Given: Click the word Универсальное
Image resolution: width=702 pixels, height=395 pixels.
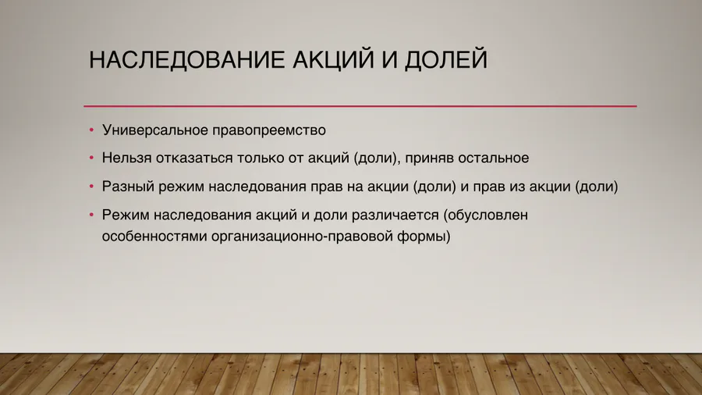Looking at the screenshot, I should tap(150, 129).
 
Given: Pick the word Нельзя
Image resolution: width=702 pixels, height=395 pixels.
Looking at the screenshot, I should tap(123, 158).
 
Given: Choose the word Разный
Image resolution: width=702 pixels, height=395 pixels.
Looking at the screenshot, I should tap(126, 187).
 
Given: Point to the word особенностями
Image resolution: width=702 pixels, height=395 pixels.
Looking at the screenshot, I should tap(154, 236).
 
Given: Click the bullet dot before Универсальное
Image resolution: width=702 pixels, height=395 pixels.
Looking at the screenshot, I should tap(90, 130).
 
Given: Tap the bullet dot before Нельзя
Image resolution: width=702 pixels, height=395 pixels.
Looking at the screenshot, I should tap(90, 158).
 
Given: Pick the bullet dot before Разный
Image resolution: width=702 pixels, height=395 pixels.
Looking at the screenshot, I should tap(90, 187).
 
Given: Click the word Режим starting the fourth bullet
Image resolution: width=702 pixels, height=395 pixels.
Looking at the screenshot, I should tap(125, 215).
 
